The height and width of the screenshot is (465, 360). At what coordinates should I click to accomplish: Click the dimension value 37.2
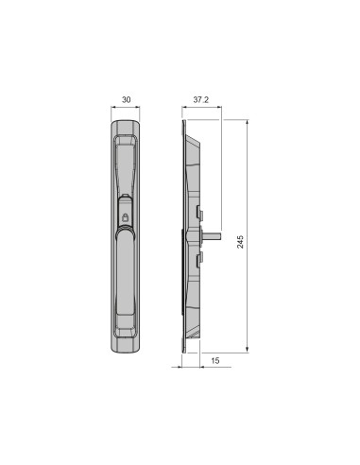click(200, 97)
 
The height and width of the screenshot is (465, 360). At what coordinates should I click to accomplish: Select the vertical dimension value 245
click(240, 242)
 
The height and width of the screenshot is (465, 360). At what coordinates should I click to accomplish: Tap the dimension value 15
click(215, 361)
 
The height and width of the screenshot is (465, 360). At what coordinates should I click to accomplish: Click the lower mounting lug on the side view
click(198, 256)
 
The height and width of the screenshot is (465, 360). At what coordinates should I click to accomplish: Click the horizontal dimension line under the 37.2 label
click(200, 107)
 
